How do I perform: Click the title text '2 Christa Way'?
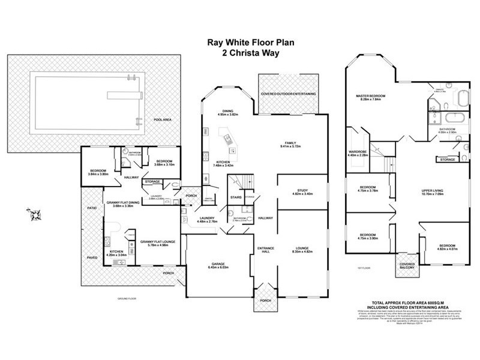(x=241, y=52)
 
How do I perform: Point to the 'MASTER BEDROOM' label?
(x=370, y=97)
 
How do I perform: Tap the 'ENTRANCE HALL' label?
(x=265, y=250)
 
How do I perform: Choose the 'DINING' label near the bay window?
(x=228, y=111)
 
